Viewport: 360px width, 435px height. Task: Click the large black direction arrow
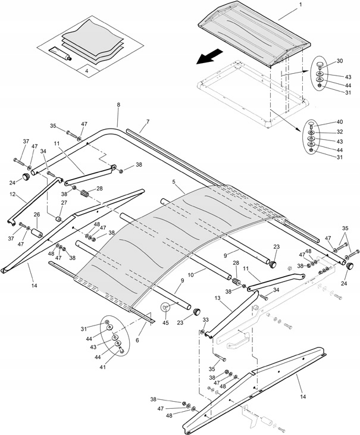(x=209, y=57)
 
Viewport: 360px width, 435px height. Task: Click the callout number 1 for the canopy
(x=301, y=4)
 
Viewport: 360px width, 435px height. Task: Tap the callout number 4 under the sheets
(x=86, y=71)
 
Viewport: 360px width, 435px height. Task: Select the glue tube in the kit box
(x=60, y=54)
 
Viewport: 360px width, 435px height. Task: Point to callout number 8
(x=118, y=105)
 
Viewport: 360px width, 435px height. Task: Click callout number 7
(x=148, y=121)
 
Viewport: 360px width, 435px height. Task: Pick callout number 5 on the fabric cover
(x=174, y=181)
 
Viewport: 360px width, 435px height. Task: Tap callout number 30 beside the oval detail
(x=340, y=61)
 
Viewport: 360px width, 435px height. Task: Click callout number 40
(x=340, y=122)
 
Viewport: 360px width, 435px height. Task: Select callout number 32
(x=340, y=132)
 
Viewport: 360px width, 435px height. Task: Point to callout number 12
(x=12, y=194)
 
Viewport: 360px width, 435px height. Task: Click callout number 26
(x=37, y=214)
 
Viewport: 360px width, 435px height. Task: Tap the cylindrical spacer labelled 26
(x=37, y=233)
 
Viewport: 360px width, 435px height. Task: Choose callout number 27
(x=64, y=202)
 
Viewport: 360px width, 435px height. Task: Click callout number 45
(x=165, y=323)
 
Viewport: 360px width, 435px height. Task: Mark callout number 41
(x=103, y=367)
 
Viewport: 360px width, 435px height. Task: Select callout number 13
(x=217, y=298)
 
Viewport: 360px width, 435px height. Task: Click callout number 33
(x=205, y=320)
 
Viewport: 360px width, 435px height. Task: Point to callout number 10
(x=190, y=275)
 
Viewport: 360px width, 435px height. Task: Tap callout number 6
(x=137, y=340)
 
